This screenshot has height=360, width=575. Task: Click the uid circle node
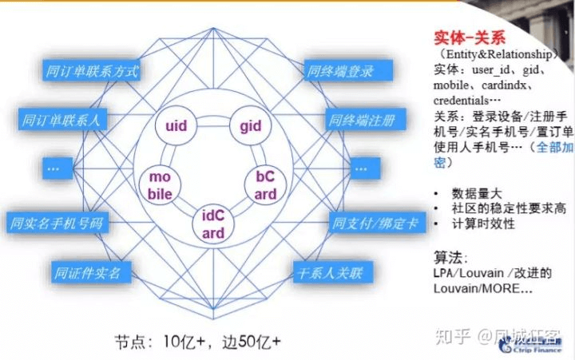click(x=176, y=126)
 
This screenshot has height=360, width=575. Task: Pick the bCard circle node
click(x=265, y=184)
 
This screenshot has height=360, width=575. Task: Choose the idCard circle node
click(x=213, y=223)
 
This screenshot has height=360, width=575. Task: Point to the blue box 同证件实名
click(x=85, y=273)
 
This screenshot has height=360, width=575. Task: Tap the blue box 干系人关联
click(x=329, y=273)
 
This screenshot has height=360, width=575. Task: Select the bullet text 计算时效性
click(x=483, y=224)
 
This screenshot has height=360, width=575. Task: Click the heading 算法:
click(x=450, y=257)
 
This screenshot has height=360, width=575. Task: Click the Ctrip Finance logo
click(x=531, y=343)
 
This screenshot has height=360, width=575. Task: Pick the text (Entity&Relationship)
click(x=497, y=54)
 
